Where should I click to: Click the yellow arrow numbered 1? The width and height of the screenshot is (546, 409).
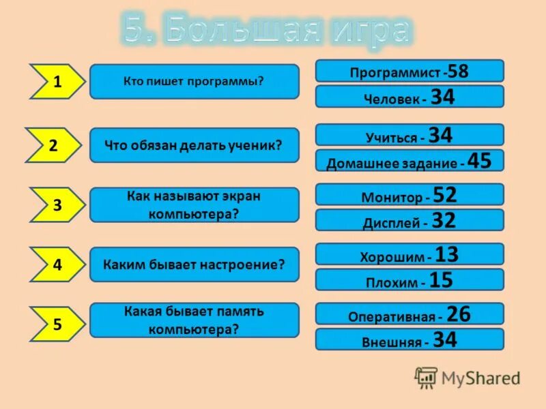coord(57,82)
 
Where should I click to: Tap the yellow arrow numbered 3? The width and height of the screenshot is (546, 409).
coord(57,204)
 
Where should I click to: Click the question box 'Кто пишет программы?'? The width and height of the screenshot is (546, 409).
coord(194,81)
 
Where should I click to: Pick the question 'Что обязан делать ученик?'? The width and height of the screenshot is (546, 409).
coord(194,145)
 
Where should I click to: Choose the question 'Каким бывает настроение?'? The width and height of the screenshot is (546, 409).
coord(194,264)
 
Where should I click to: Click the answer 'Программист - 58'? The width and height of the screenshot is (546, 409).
coord(409,71)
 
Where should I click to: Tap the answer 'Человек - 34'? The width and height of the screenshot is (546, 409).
coord(409,97)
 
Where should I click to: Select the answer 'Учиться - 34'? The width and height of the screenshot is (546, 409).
coord(409,135)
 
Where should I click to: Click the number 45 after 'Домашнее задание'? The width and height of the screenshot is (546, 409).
coord(479,161)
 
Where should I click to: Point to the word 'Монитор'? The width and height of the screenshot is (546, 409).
coord(392,198)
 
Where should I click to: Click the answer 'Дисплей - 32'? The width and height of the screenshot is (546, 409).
coord(409,220)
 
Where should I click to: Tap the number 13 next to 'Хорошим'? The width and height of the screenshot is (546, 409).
coord(446,255)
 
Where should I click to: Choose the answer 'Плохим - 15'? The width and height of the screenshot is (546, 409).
coord(409,280)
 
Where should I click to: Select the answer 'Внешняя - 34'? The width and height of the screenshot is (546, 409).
coord(409,339)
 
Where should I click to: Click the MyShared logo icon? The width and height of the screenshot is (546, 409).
coord(426,378)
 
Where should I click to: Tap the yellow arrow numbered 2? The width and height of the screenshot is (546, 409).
coord(57,145)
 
